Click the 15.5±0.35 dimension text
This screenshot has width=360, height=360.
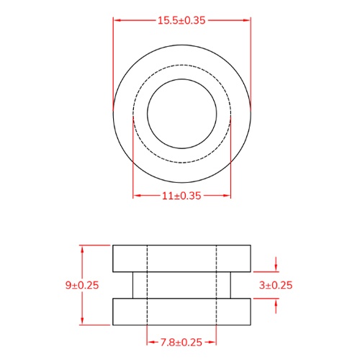click(x=181, y=20)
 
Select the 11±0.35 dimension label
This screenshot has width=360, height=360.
click(x=181, y=195)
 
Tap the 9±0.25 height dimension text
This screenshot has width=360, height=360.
click(x=81, y=285)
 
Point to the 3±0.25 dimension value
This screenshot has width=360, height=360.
click(x=276, y=285)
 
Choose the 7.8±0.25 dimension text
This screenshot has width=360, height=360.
click(x=181, y=341)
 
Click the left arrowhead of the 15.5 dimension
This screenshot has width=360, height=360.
click(x=116, y=20)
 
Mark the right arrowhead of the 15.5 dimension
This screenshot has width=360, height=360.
click(x=248, y=20)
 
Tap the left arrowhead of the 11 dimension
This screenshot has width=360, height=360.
click(x=137, y=195)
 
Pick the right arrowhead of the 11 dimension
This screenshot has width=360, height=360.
click(x=227, y=195)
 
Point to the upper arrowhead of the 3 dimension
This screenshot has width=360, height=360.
click(x=276, y=268)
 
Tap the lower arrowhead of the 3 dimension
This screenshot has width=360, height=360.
click(x=276, y=302)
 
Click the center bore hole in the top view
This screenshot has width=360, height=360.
click(x=181, y=114)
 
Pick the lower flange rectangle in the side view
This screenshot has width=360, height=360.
click(x=181, y=311)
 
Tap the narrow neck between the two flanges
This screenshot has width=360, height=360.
click(x=181, y=285)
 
